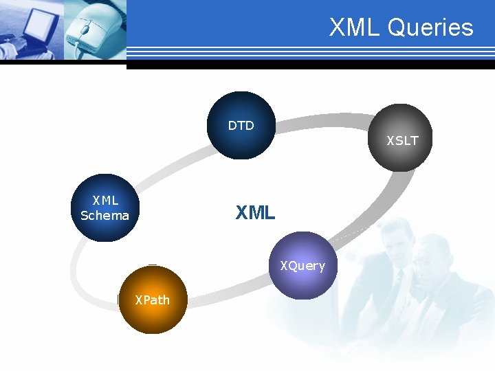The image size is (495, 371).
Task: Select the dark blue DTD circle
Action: tap(241, 126)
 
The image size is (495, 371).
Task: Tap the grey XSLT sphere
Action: tap(398, 137)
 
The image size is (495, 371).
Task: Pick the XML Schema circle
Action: tap(105, 207)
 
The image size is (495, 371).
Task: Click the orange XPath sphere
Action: tap(153, 300)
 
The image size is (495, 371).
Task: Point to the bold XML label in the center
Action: tap(255, 213)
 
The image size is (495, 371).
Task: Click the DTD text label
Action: tap(241, 126)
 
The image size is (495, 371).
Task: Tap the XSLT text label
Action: tap(402, 141)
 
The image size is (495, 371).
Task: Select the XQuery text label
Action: tap(302, 266)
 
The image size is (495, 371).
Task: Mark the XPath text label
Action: tap(152, 300)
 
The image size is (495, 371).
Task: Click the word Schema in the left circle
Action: tap(104, 216)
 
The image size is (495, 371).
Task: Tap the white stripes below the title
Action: tap(309, 52)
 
